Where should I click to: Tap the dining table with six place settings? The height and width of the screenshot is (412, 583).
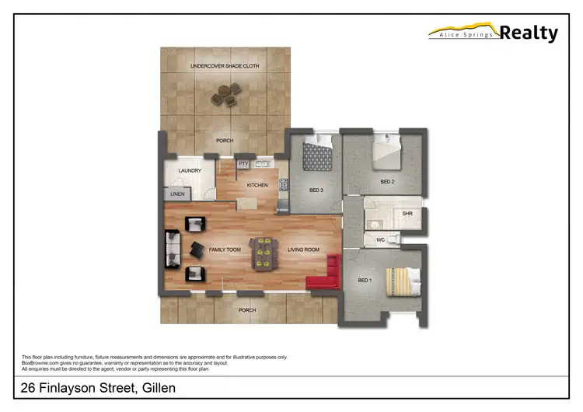click(262, 252)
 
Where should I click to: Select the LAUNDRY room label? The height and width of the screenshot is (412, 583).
click(190, 171)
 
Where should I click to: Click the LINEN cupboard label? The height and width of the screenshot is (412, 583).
click(177, 194)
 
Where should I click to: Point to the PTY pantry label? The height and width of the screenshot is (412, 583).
click(243, 164)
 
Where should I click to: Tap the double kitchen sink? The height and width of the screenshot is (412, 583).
click(262, 163)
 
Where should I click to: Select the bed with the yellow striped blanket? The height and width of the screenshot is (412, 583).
click(403, 281)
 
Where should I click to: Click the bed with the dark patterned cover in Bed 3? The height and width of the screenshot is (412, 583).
click(317, 155)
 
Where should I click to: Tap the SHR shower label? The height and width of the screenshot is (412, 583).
click(407, 213)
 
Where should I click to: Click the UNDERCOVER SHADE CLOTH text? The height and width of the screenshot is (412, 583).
click(225, 67)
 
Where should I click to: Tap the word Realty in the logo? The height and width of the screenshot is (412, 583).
click(529, 33)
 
